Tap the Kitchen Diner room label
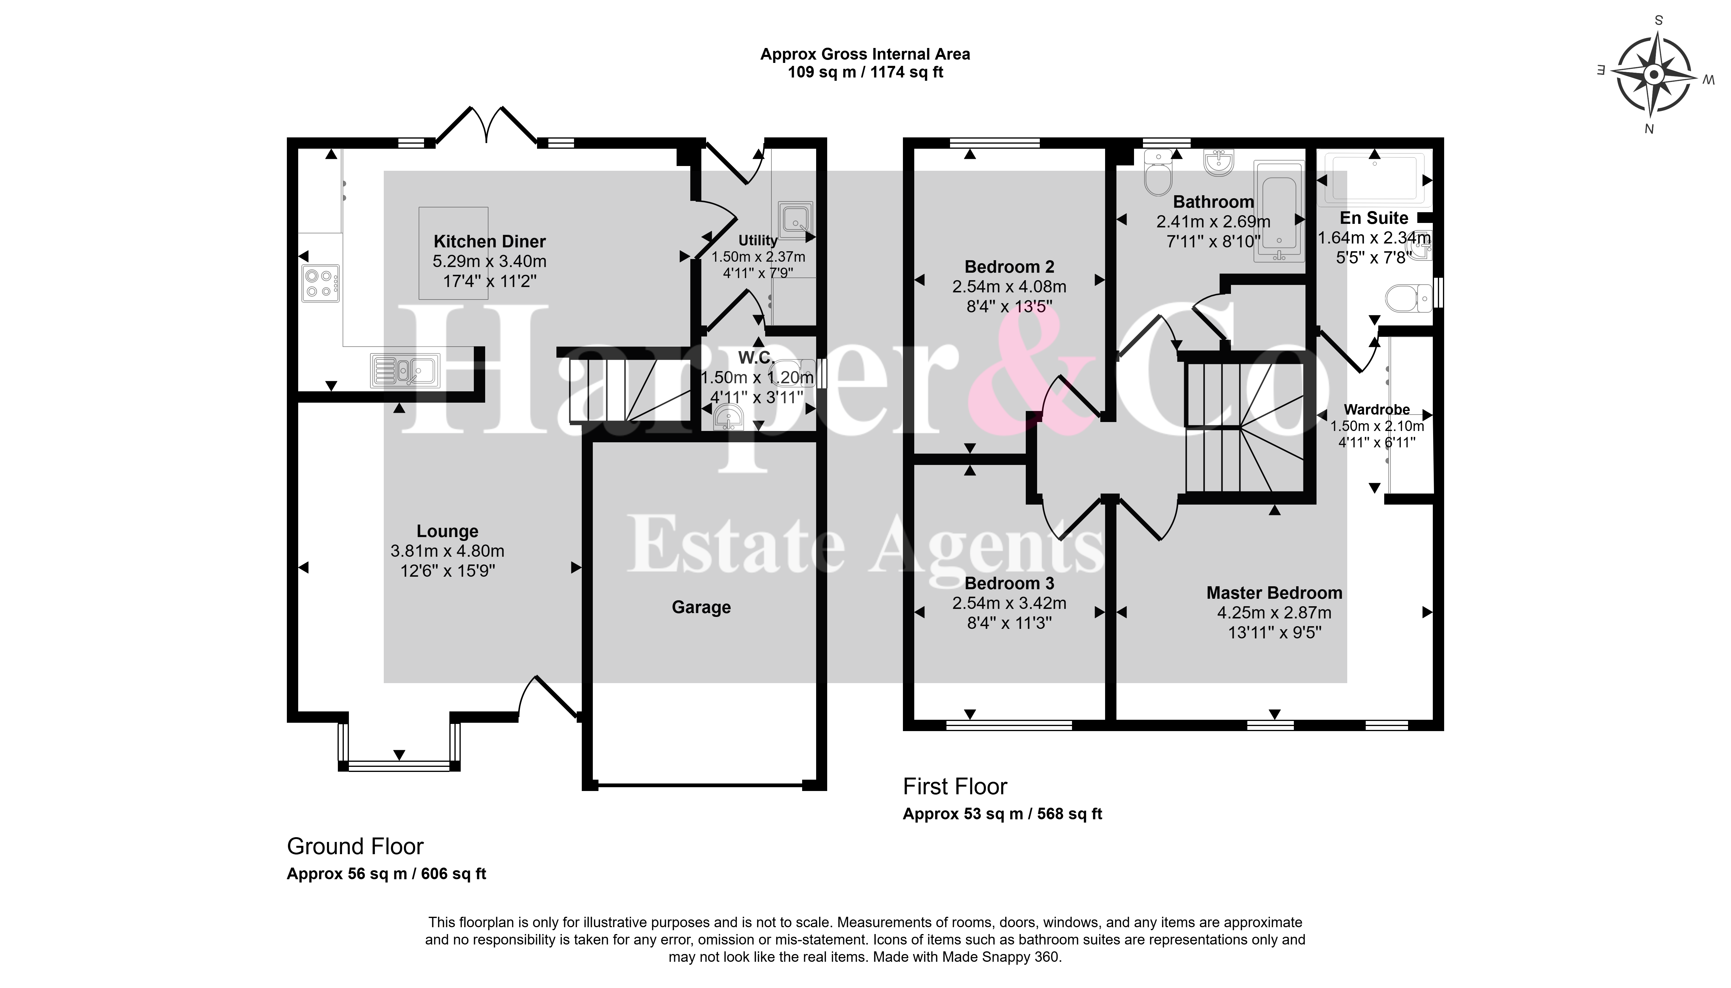coord(489,242)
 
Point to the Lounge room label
coord(447,531)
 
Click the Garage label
coord(701,607)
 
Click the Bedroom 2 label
coord(1009,267)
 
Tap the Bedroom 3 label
coord(1009,584)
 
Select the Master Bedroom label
coord(1274,593)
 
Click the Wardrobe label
coord(1377,410)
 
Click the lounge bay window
coord(399,746)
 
